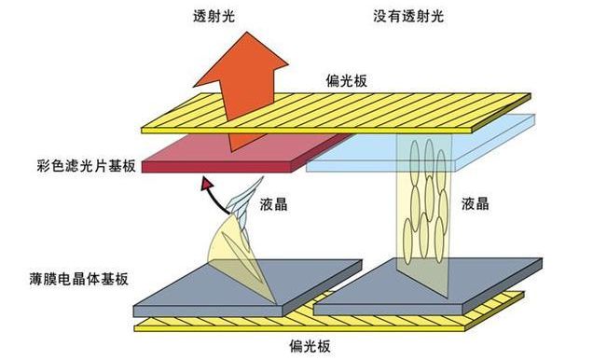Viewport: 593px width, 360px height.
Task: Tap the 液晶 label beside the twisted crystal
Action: (272, 203)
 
